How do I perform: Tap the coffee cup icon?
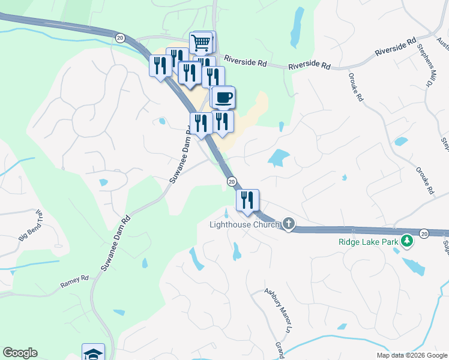point(224,97)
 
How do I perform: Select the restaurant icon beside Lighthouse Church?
point(247,200)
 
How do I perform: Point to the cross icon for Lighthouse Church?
point(289,224)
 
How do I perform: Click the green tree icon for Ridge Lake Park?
point(408,241)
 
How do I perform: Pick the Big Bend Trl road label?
point(32,225)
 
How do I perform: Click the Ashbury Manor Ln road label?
point(277,310)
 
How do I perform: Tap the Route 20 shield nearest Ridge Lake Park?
point(424,233)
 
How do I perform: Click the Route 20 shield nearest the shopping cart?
point(120,37)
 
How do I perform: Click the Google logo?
point(20,353)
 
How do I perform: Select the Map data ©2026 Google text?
point(412,355)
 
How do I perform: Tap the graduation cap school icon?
point(93,352)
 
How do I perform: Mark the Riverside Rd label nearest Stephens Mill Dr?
point(395,47)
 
